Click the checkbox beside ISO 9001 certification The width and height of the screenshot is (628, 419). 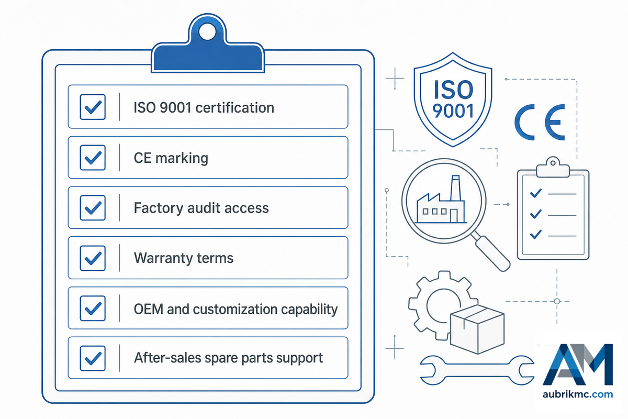(93, 107)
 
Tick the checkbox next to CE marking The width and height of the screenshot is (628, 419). (93, 158)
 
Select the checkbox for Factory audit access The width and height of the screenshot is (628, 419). (93, 208)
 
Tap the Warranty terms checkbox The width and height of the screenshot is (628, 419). (93, 258)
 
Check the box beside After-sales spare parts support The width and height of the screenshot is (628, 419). (93, 358)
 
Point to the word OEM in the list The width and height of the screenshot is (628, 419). (148, 309)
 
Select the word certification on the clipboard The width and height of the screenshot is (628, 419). (234, 107)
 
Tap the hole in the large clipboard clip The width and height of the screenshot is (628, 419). (207, 32)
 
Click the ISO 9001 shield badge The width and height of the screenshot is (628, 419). (453, 100)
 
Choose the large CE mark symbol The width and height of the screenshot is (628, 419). (540, 122)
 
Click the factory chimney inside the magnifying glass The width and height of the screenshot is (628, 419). (455, 188)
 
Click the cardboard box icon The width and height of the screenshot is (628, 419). (477, 329)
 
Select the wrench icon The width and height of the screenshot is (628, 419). (477, 370)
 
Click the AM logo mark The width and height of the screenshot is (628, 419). (578, 364)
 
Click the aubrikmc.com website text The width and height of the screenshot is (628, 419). (578, 394)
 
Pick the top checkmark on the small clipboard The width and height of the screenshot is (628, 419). (535, 193)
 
